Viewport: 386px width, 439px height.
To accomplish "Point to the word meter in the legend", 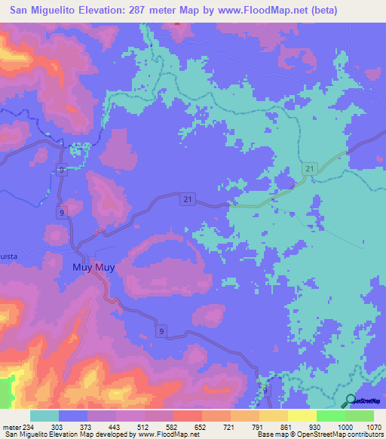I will [x=11, y=428].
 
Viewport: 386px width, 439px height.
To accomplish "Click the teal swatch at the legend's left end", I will [x=44, y=416].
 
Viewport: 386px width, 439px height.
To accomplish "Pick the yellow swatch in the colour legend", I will [x=302, y=416].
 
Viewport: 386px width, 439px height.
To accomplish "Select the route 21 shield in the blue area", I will [x=188, y=198].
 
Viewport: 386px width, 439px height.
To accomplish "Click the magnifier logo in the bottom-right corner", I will [x=350, y=401].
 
